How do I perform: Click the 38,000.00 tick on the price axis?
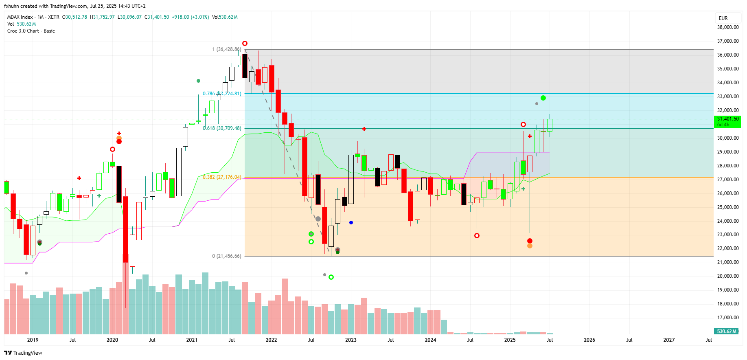click(728, 27)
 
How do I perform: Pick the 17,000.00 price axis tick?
click(728, 318)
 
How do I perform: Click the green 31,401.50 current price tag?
click(727, 122)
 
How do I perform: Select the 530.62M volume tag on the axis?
click(727, 331)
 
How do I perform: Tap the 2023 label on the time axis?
click(350, 340)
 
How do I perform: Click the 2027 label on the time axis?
click(669, 340)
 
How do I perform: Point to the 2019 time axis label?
click(33, 340)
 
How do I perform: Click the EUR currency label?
click(723, 18)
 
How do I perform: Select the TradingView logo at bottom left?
click(23, 353)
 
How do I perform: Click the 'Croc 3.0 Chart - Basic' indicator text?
click(31, 31)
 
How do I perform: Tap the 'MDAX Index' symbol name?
click(20, 17)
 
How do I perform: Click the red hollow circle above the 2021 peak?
click(245, 43)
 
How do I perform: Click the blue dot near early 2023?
click(351, 222)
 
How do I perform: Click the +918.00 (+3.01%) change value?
click(190, 17)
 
